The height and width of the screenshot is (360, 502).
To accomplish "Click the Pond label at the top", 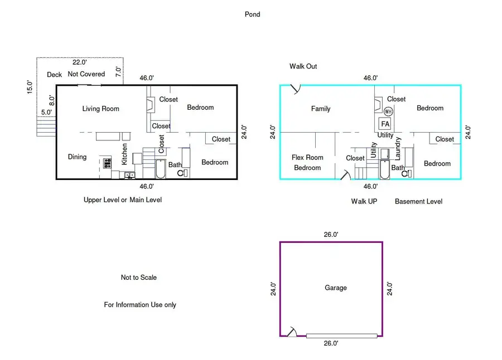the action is (252, 14).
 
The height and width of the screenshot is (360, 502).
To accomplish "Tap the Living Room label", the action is (100, 109).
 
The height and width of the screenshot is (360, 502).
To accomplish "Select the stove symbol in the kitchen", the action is (107, 163).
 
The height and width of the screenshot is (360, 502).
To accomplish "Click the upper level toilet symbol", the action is (182, 173).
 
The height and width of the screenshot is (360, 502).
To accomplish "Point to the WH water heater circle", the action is (388, 111).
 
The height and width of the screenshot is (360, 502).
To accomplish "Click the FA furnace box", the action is (385, 124).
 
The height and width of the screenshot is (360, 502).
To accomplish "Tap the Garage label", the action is (336, 288).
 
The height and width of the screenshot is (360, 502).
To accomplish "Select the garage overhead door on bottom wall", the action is (341, 335).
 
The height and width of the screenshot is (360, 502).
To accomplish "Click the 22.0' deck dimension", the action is (79, 62).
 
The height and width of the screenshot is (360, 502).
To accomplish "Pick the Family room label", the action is (321, 109).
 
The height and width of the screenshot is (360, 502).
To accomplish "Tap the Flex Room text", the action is (307, 158).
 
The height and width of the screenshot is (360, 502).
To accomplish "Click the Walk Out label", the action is (303, 66).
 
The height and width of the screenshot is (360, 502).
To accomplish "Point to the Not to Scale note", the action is (139, 278).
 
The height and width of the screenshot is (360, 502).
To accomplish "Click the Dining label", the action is (77, 157).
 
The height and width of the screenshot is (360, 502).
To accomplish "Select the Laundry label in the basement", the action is (398, 149).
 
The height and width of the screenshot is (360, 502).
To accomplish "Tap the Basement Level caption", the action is (418, 201).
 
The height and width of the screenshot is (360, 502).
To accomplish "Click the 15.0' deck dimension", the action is (30, 87).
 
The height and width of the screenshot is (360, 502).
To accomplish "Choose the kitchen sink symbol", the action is (129, 176).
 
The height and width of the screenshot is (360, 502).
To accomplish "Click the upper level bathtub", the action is (161, 169).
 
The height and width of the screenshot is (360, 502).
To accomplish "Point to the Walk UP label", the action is (364, 201).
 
